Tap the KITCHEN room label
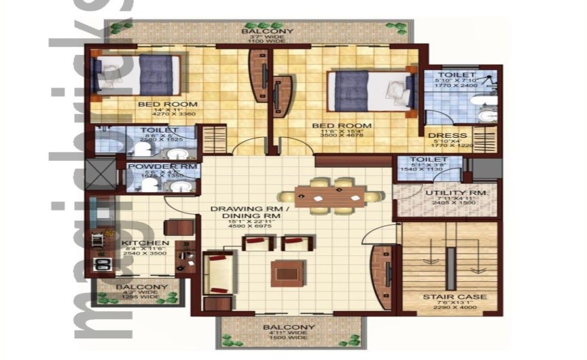[x=145, y=242]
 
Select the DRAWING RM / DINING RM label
[x=251, y=211]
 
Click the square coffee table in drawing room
[x=284, y=272]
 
